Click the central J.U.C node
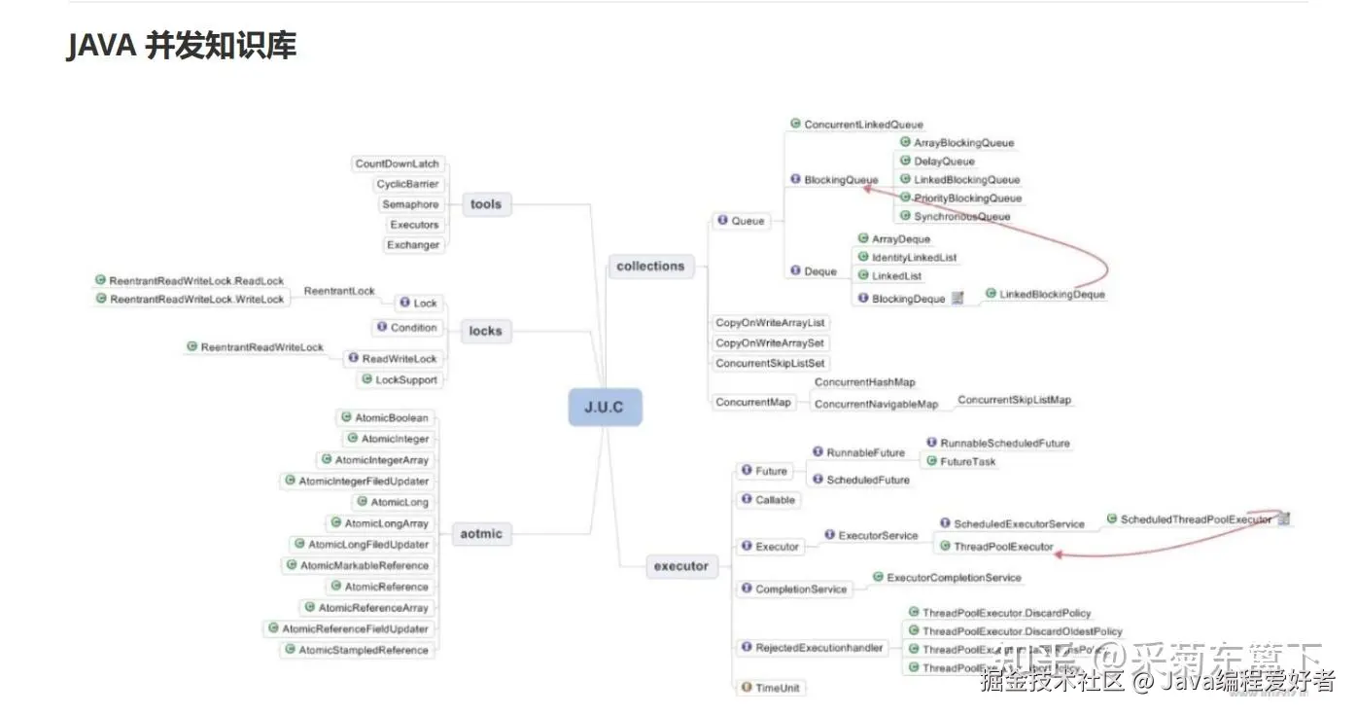coord(605,407)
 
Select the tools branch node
coord(485,204)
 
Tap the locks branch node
coord(485,331)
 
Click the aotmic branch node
coord(481,533)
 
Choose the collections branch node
coord(650,266)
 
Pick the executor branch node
coord(680,566)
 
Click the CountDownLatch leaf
coord(397,163)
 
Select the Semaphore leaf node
coord(410,204)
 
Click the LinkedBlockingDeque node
coord(1052,294)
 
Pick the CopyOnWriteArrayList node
coord(770,322)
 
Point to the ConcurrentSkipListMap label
coord(1014,400)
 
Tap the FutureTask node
coord(967,462)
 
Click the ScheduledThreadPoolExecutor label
coord(1195,519)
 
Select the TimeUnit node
coord(777,688)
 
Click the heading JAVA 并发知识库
coord(182,46)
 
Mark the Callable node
coord(775,500)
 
